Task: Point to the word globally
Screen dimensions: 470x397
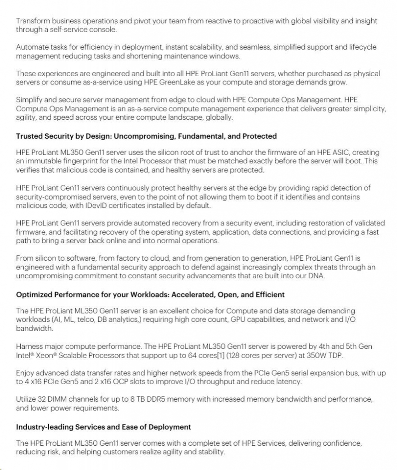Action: [218, 117]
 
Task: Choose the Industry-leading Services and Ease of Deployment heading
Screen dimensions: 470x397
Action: [103, 427]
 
